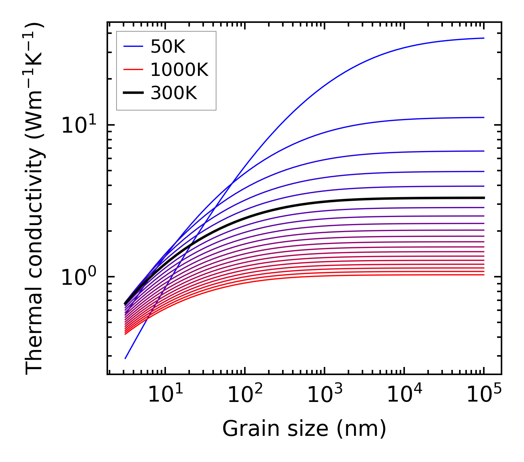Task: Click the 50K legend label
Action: pyautogui.click(x=168, y=46)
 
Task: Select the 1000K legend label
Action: pyautogui.click(x=179, y=70)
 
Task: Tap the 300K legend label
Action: pyautogui.click(x=174, y=93)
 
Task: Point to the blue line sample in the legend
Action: pyautogui.click(x=133, y=46)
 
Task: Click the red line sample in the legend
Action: pyautogui.click(x=133, y=70)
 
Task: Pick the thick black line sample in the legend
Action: pyautogui.click(x=133, y=93)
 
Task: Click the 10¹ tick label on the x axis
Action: pyautogui.click(x=165, y=395)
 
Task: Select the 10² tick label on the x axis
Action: pyautogui.click(x=244, y=395)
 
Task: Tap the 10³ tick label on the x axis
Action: pyautogui.click(x=325, y=395)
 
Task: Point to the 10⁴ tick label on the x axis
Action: pyautogui.click(x=404, y=395)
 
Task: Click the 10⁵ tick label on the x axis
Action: pyautogui.click(x=484, y=395)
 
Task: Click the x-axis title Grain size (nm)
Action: pyautogui.click(x=304, y=429)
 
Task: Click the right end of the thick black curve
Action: pyautogui.click(x=483, y=198)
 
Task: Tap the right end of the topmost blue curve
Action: pyautogui.click(x=483, y=38)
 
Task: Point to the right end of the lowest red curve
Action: pyautogui.click(x=483, y=275)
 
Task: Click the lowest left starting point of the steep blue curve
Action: pyautogui.click(x=125, y=358)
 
